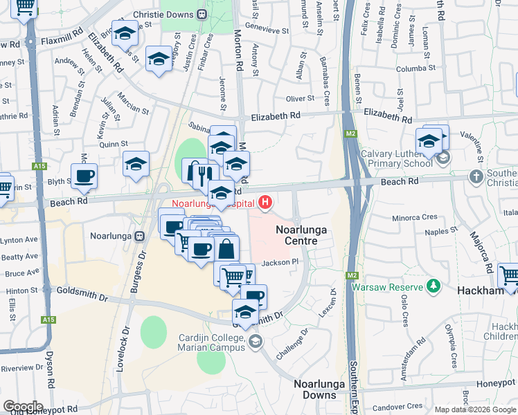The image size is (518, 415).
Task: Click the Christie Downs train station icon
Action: [202, 14]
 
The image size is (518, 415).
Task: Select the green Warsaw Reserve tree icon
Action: [434, 286]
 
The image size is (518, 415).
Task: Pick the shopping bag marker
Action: [226, 248]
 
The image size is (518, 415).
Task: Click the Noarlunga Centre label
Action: [296, 235]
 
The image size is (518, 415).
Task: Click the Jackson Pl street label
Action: [283, 262]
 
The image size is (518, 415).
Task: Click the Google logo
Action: [23, 407]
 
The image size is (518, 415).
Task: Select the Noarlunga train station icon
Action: [139, 235]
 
